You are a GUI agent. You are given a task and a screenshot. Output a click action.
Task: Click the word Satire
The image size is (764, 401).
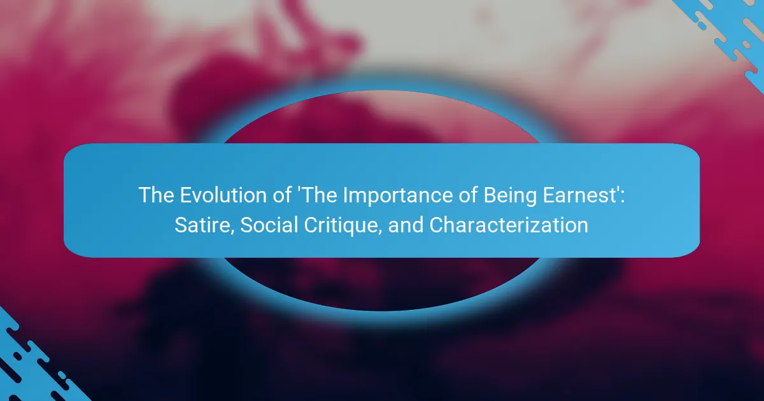point(202,225)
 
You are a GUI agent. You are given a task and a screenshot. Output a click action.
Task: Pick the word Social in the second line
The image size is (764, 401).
point(269,225)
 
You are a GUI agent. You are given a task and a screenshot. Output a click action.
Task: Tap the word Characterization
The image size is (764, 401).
point(509,225)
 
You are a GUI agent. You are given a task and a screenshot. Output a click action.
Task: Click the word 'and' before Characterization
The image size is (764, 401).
point(406,225)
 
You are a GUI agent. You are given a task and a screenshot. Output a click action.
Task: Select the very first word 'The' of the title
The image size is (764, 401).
point(156,195)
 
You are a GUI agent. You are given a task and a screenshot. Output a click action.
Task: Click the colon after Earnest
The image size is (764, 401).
point(623,198)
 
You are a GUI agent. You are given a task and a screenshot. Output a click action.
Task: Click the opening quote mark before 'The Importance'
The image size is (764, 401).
point(299,190)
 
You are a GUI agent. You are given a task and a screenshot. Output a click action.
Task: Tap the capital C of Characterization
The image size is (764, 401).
point(437,225)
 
